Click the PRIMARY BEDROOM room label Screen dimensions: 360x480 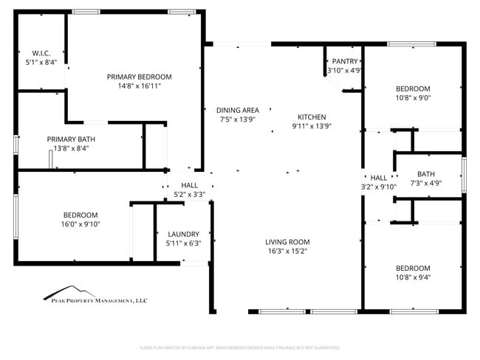point(139,77)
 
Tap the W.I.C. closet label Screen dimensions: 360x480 point(41,53)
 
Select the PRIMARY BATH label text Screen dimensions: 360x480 point(71,139)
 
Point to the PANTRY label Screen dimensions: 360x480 point(345,61)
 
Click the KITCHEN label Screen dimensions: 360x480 point(311,117)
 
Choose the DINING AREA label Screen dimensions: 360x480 point(238,110)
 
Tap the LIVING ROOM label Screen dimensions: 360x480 point(287,242)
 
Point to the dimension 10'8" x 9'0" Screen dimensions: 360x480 point(413,97)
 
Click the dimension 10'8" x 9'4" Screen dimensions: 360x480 point(413,277)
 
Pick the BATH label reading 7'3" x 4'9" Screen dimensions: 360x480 point(425,174)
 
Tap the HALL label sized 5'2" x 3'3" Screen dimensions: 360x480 point(190,185)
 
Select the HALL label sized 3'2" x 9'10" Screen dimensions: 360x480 point(379,178)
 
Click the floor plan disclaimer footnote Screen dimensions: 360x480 point(239,347)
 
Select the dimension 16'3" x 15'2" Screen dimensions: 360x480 point(287,251)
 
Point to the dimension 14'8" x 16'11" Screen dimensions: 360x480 point(139,86)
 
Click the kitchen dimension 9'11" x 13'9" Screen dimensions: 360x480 point(311,125)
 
